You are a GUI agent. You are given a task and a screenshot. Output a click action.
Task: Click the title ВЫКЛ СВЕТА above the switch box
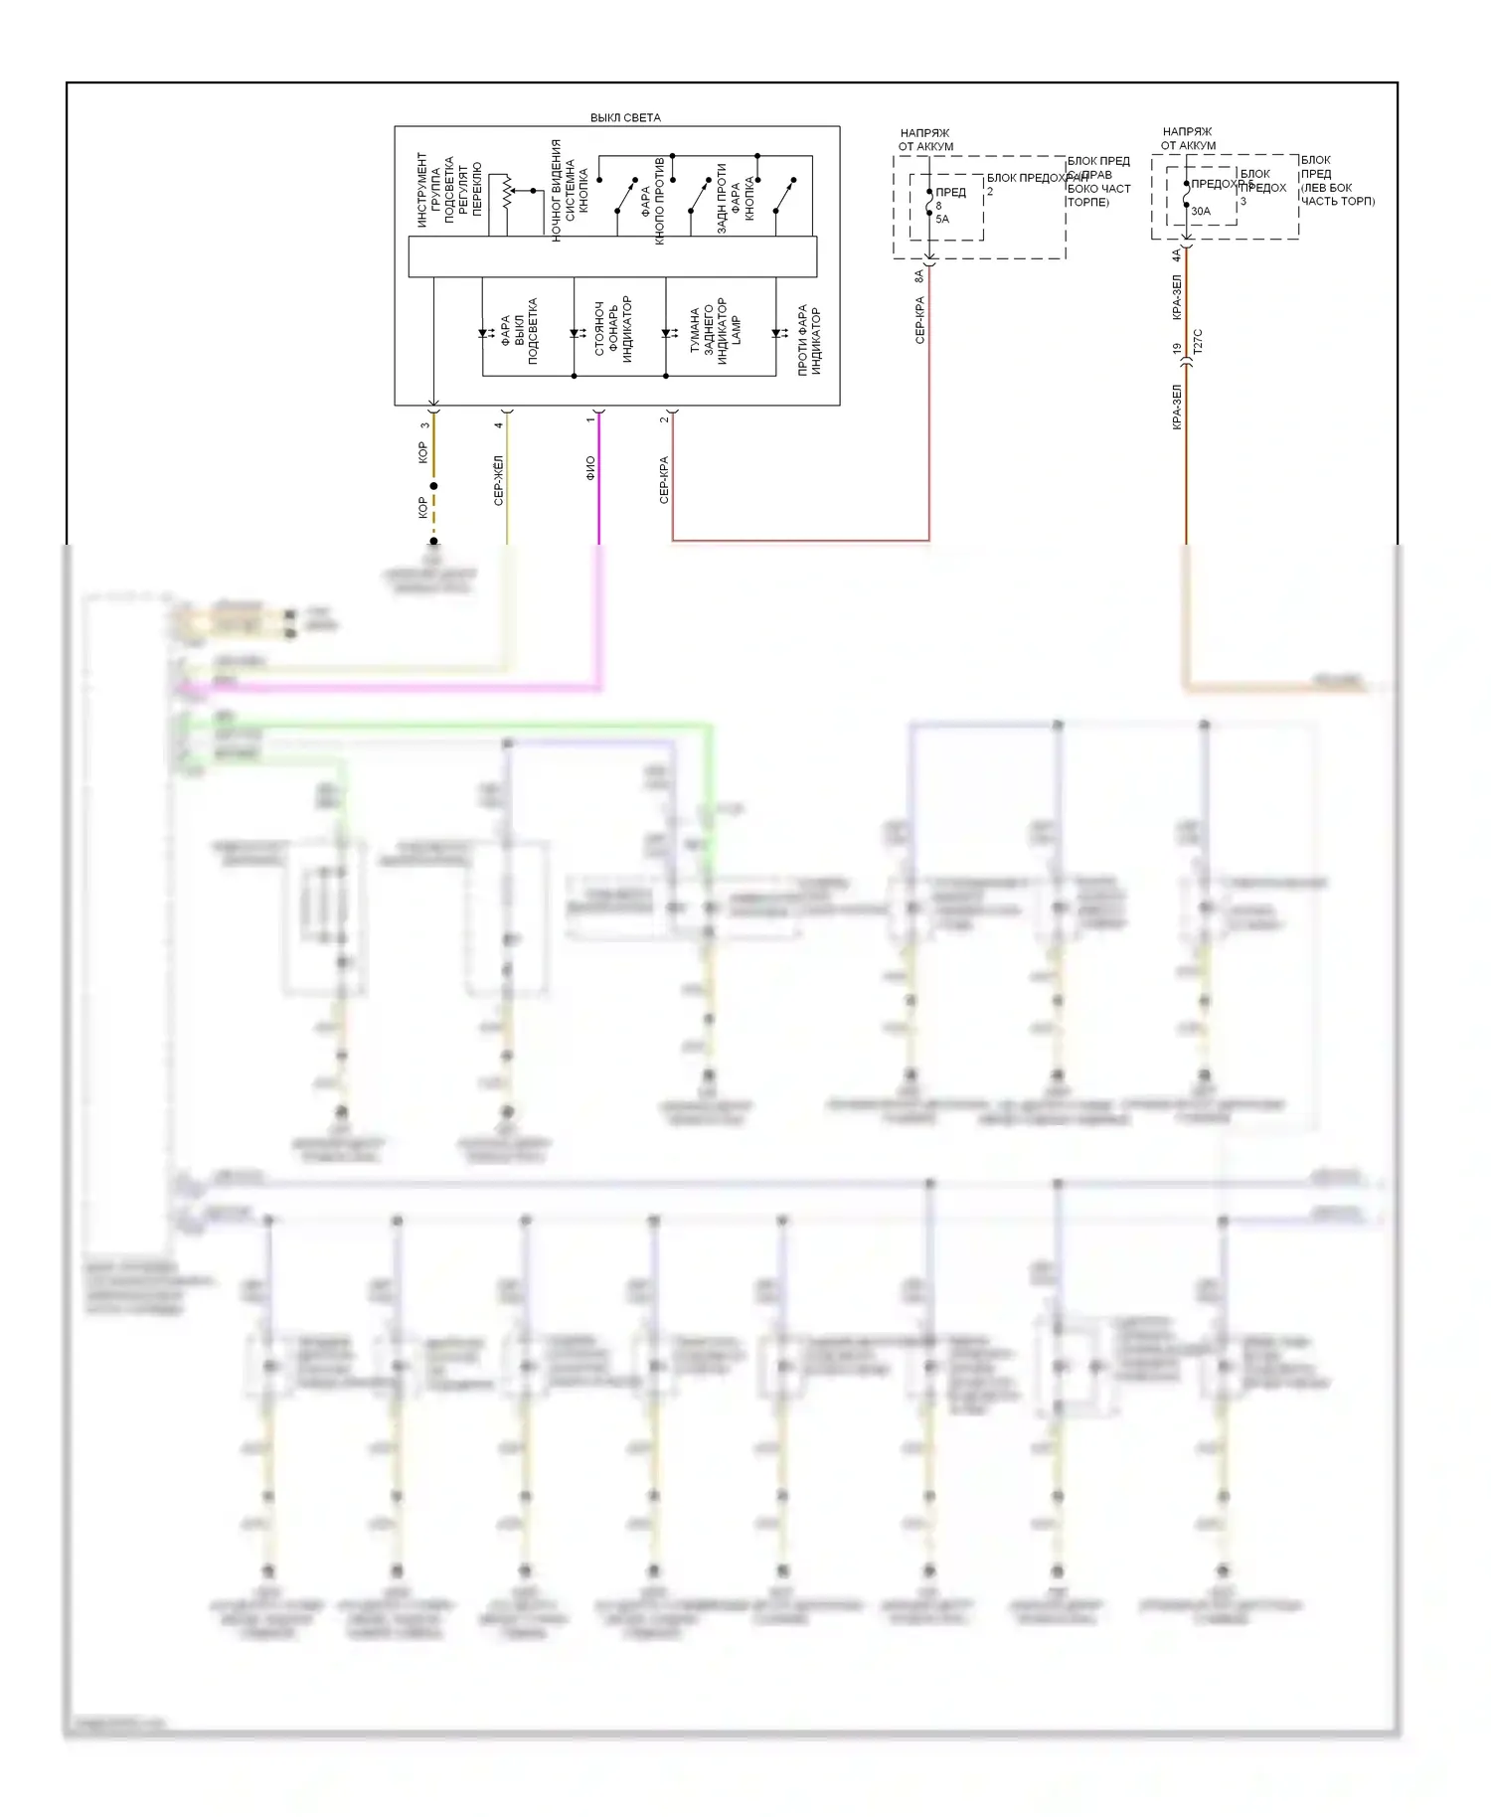click(x=625, y=117)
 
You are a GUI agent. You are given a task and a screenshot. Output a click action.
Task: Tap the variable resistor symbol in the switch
click(x=506, y=191)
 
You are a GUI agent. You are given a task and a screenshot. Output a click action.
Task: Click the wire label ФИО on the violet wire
click(x=590, y=468)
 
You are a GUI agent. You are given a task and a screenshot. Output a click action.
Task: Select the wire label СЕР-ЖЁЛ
click(x=499, y=480)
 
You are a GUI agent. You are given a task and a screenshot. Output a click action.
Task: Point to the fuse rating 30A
click(x=1201, y=211)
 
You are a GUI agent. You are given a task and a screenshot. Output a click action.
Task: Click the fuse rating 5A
click(x=942, y=219)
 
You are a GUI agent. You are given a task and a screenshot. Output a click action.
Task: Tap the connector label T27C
click(x=1198, y=341)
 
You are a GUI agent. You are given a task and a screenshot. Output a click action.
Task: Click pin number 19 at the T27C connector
click(x=1178, y=349)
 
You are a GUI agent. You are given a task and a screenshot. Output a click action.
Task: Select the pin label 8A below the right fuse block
click(x=919, y=275)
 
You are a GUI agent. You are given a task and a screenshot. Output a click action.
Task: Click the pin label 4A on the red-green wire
click(x=1177, y=254)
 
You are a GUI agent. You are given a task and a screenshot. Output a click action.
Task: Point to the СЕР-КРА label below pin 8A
click(x=919, y=320)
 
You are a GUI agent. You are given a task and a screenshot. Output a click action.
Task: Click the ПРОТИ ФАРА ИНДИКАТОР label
click(x=809, y=339)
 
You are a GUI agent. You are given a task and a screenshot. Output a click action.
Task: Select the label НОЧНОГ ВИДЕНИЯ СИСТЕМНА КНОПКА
click(x=570, y=190)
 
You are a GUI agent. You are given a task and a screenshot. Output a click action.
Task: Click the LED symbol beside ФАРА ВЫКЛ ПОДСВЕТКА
click(x=485, y=334)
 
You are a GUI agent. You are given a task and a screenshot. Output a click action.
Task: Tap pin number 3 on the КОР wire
click(x=424, y=425)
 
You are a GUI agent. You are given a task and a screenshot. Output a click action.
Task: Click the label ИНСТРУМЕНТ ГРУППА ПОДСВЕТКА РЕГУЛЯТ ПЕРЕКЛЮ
click(x=449, y=189)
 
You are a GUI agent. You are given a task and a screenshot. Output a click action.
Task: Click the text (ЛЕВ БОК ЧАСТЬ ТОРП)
click(x=1338, y=194)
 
